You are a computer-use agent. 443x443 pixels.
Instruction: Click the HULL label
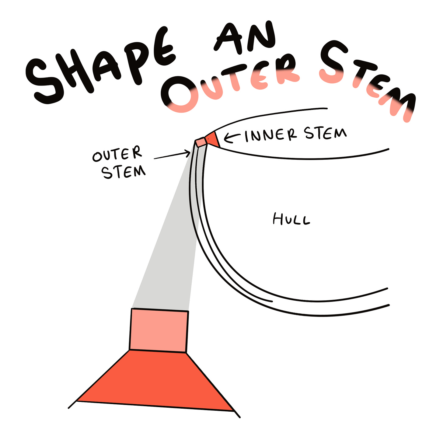pos(291,219)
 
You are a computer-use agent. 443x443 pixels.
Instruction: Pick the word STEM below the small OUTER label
pos(124,172)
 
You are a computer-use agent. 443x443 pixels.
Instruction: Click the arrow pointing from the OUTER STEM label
pos(172,155)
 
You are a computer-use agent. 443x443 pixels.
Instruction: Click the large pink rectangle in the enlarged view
pos(159,330)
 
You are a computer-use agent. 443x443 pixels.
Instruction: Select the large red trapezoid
pos(155,380)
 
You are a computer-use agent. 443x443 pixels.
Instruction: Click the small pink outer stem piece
pos(200,142)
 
